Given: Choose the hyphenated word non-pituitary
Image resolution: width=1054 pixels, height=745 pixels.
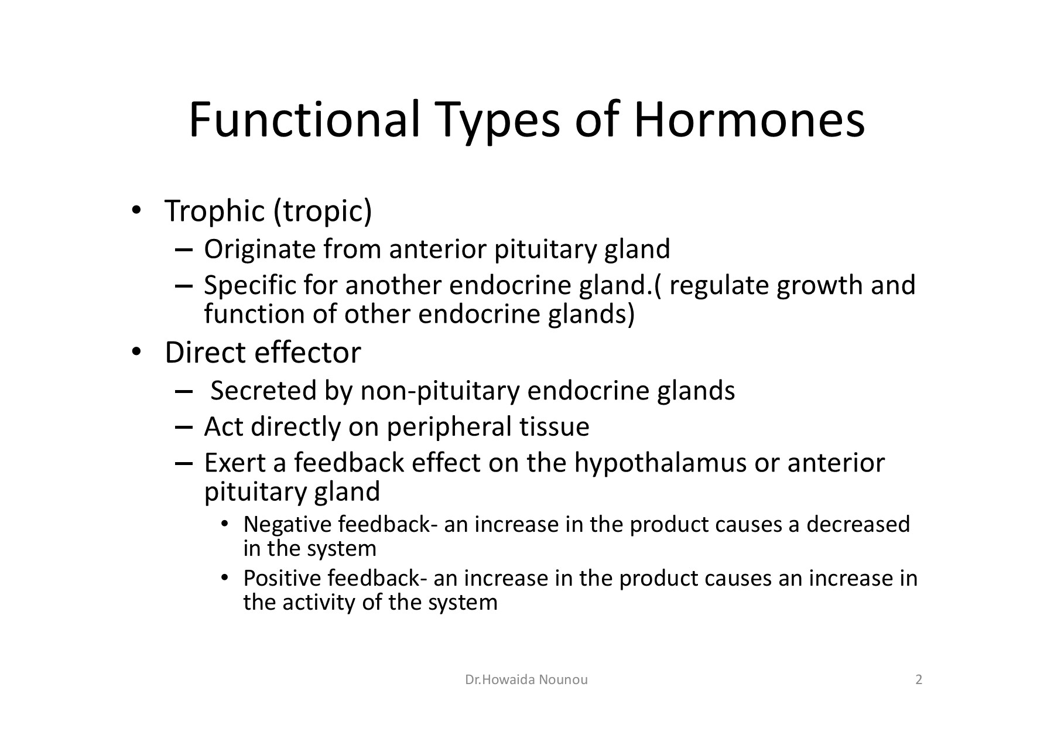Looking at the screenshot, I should (440, 391).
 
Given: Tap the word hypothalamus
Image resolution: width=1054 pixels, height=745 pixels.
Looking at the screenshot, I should (660, 463).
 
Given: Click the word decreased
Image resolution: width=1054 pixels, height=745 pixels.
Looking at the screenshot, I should (858, 524).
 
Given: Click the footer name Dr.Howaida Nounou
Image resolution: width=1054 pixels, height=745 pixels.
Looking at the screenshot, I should (526, 679).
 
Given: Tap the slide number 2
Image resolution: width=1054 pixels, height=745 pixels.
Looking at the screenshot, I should (919, 679).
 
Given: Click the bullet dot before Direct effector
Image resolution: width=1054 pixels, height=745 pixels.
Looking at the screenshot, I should (135, 352).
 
